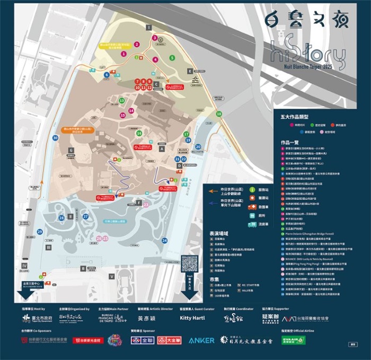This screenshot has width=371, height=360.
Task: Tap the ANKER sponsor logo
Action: point(201,340)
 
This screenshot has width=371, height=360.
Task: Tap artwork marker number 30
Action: point(55,138)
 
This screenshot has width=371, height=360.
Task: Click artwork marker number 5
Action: point(172,57)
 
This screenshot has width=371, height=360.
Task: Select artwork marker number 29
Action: point(40,232)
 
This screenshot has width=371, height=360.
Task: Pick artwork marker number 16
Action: point(139,134)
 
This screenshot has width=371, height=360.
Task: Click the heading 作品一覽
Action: point(289,143)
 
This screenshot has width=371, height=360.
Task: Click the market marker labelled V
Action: point(112,276)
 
